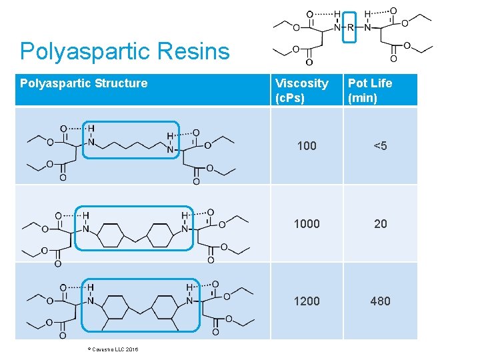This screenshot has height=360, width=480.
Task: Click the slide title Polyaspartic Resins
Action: click(125, 51)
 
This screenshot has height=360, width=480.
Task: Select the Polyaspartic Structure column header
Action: click(84, 83)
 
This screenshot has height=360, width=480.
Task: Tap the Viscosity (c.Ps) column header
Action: click(302, 91)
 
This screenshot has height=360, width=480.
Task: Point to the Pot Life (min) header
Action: click(370, 91)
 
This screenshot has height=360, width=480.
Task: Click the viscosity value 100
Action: click(307, 146)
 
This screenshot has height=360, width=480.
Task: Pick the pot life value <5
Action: click(380, 146)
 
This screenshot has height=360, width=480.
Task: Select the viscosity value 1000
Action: click(307, 224)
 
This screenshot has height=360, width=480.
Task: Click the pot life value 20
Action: click(380, 224)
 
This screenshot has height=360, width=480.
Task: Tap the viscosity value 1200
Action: click(307, 301)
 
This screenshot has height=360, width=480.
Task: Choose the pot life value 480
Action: click(380, 301)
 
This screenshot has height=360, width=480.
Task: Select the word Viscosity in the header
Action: click(302, 83)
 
